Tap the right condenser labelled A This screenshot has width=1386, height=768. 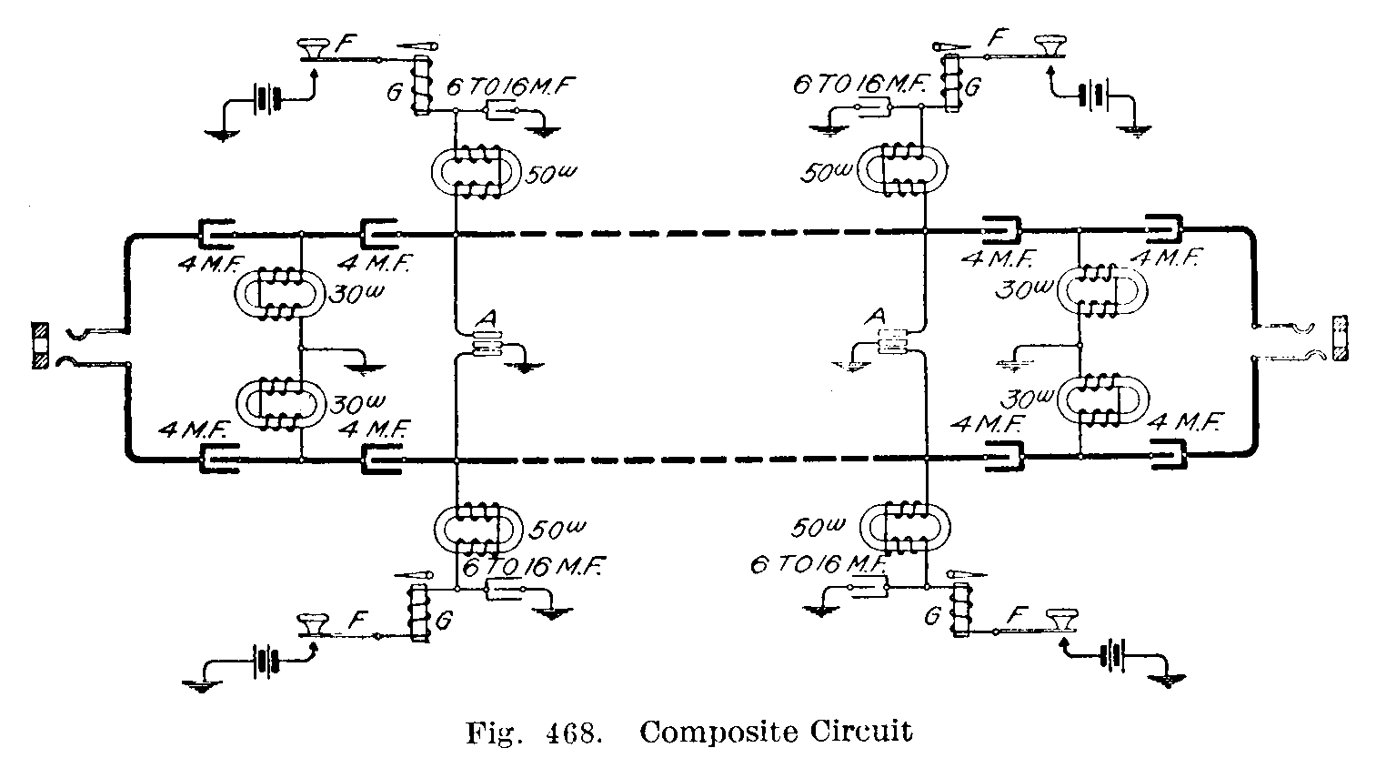tap(894, 344)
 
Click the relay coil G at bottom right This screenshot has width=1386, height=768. tap(957, 611)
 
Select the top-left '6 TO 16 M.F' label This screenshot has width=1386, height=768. tap(510, 88)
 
